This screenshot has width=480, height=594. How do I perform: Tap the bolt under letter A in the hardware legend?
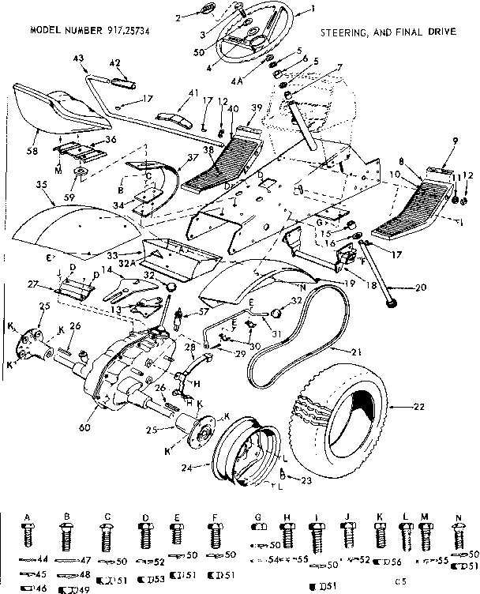tap(28, 537)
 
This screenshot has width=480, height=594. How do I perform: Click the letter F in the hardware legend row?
tap(215, 518)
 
